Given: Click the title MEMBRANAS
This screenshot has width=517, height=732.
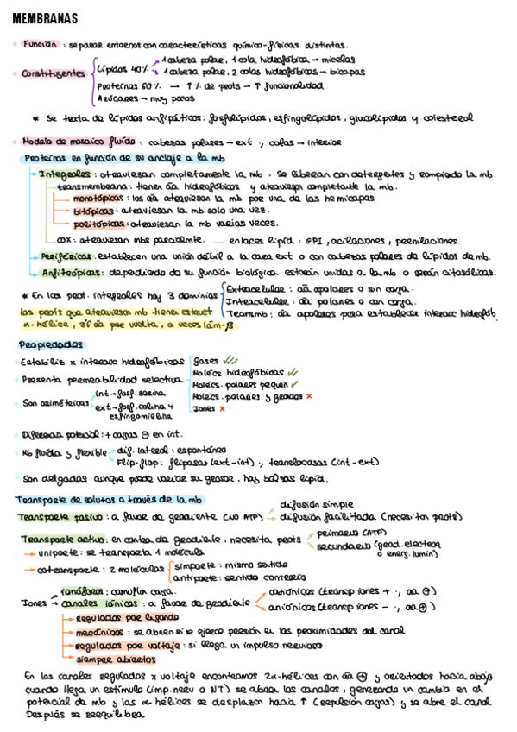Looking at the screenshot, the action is tap(44, 18).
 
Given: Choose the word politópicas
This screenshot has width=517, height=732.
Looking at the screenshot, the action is tap(94, 222).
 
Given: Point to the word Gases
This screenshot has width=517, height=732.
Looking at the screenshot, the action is tap(205, 360).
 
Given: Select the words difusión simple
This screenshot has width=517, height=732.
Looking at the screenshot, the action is tap(316, 504).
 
